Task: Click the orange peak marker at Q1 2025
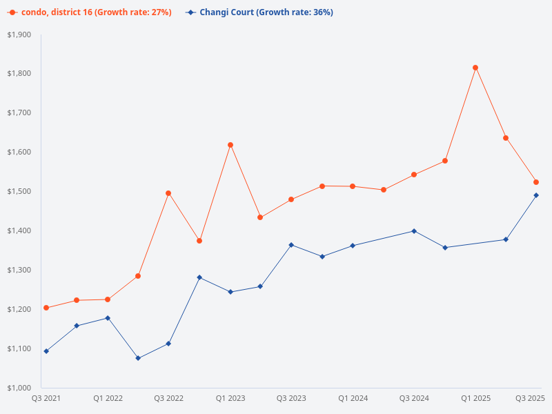pyautogui.click(x=475, y=68)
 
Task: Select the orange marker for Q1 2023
pyautogui.click(x=230, y=145)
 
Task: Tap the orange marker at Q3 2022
pyautogui.click(x=168, y=193)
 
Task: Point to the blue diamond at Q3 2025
pyautogui.click(x=536, y=195)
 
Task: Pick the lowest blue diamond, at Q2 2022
pyautogui.click(x=138, y=358)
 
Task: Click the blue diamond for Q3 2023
pyautogui.click(x=291, y=245)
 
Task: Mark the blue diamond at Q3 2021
pyautogui.click(x=46, y=351)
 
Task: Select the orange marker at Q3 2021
pyautogui.click(x=46, y=308)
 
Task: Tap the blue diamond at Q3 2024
pyautogui.click(x=414, y=231)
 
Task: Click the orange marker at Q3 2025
pyautogui.click(x=536, y=182)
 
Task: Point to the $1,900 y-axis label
pyautogui.click(x=19, y=34)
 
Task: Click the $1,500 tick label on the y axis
pyautogui.click(x=19, y=191)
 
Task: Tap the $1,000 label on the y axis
pyautogui.click(x=19, y=388)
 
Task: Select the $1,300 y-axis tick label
pyautogui.click(x=19, y=270)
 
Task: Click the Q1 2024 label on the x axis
pyautogui.click(x=353, y=399)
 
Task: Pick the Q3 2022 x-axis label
pyautogui.click(x=168, y=399)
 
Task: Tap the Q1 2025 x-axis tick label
pyautogui.click(x=475, y=399)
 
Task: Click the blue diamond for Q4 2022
pyautogui.click(x=199, y=277)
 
